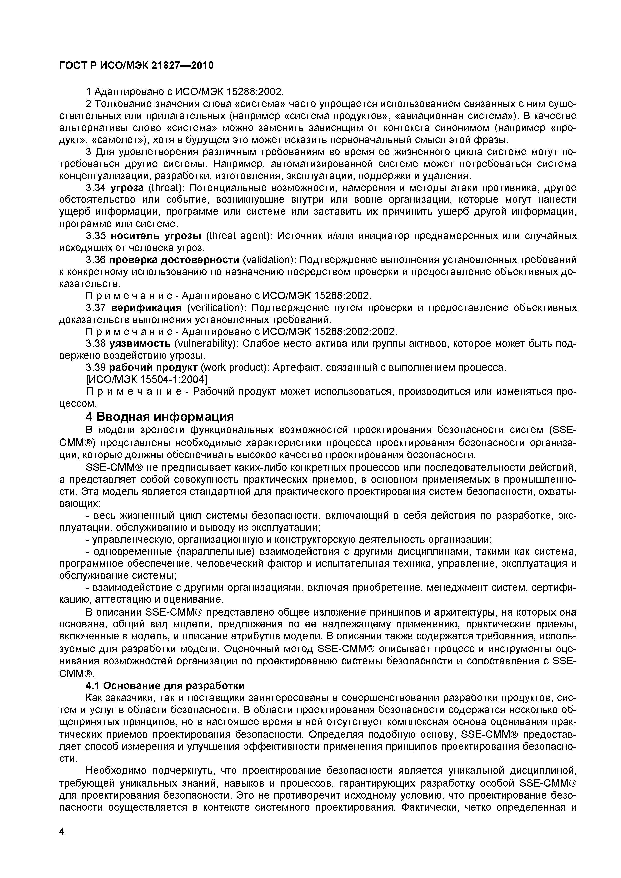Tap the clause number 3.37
pos(96,308)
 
